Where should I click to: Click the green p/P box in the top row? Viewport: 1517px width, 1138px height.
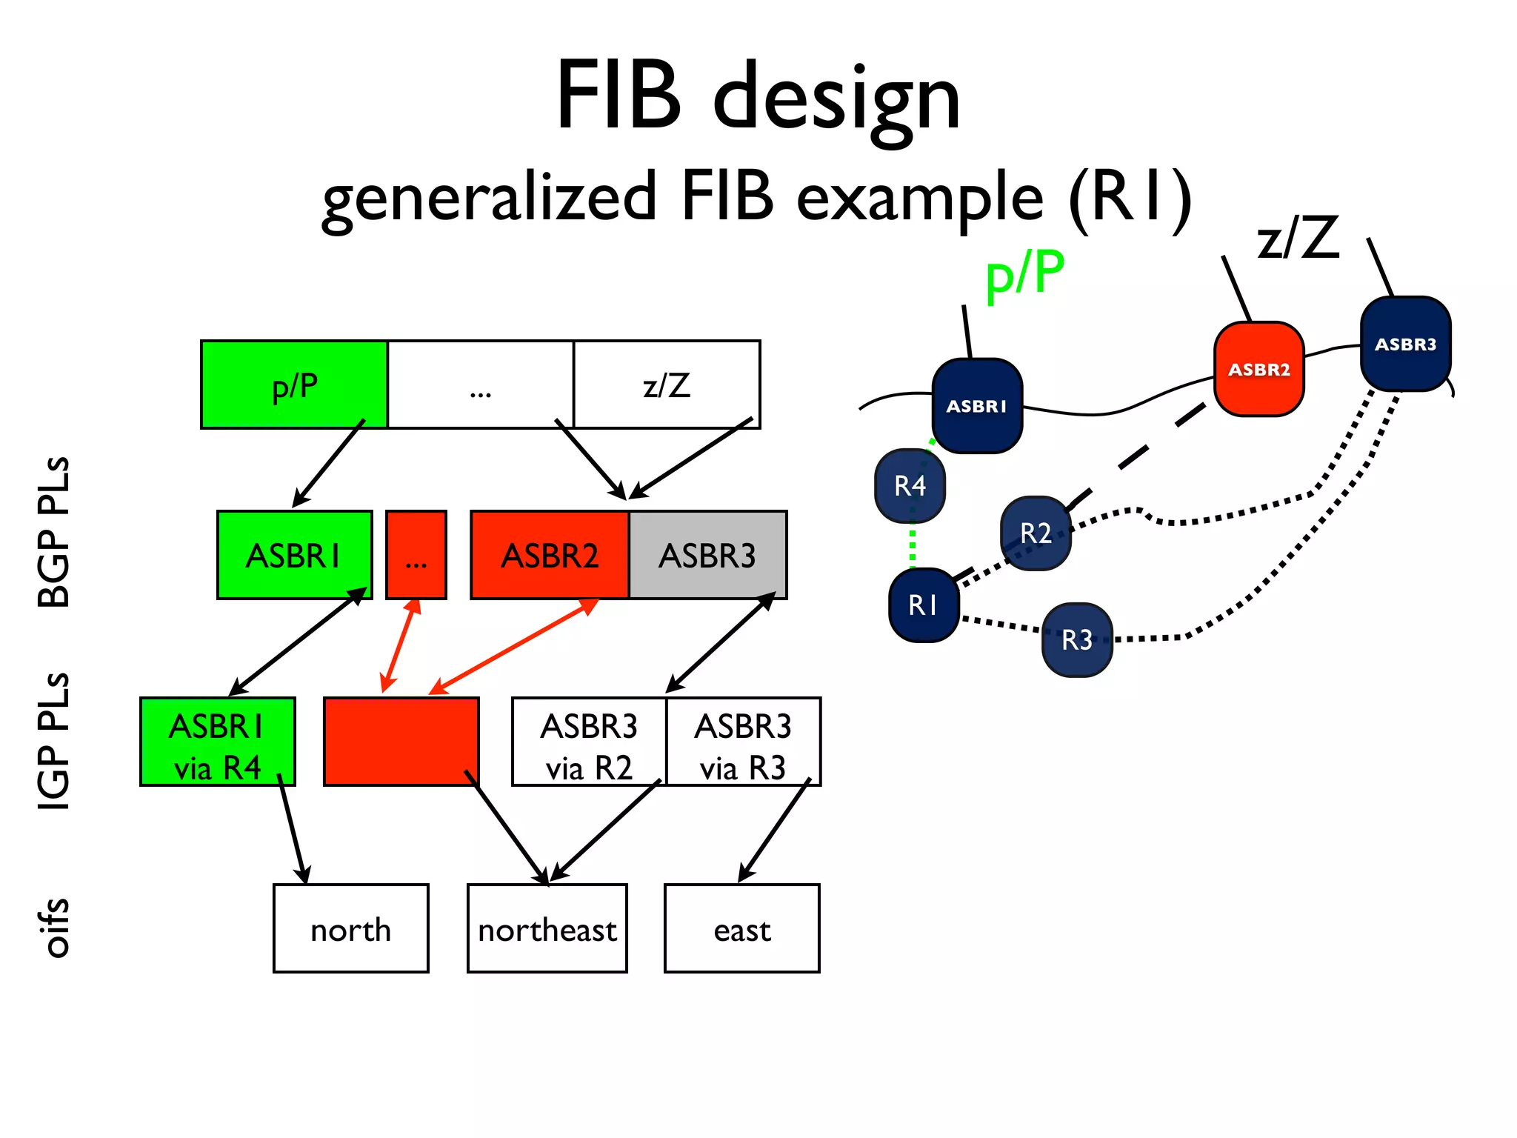tap(294, 385)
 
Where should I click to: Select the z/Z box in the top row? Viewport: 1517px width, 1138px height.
tap(667, 385)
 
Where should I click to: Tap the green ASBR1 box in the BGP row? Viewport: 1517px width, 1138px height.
tap(294, 555)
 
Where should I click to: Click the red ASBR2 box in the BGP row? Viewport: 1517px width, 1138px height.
tap(550, 555)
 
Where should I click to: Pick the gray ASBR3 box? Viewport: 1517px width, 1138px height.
tap(707, 555)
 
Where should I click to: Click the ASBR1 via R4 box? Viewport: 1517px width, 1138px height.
tap(217, 742)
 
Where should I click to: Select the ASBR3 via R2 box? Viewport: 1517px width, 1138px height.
tap(589, 742)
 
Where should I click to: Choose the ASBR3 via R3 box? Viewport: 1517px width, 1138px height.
tap(743, 742)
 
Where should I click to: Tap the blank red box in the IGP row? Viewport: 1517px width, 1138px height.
tap(401, 742)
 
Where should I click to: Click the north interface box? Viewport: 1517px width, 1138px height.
tap(350, 928)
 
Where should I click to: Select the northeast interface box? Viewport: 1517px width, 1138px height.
tap(547, 928)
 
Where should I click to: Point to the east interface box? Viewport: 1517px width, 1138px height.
tap(741, 928)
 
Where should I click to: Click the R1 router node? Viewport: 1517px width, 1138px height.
tap(924, 605)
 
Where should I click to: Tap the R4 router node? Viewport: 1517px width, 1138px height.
tap(910, 486)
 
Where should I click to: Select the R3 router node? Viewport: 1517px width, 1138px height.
tap(1076, 640)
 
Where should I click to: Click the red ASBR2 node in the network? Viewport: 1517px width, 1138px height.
tap(1258, 369)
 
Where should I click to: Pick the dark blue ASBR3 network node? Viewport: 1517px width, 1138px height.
tap(1405, 344)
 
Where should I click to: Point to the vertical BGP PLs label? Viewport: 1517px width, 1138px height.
tap(53, 532)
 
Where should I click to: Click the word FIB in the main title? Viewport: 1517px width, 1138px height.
tap(619, 96)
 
